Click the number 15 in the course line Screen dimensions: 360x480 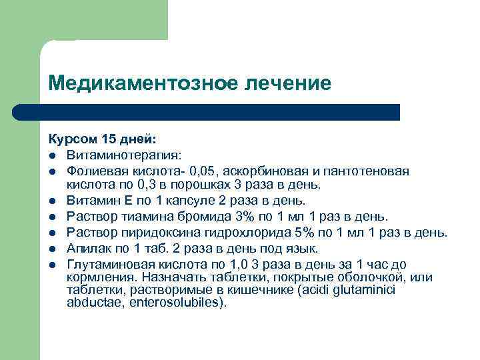pyautogui.click(x=109, y=140)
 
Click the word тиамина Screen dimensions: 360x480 pyautogui.click(x=148, y=216)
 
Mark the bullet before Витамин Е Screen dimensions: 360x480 pyautogui.click(x=51, y=201)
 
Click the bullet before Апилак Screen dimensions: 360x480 pyautogui.click(x=51, y=249)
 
